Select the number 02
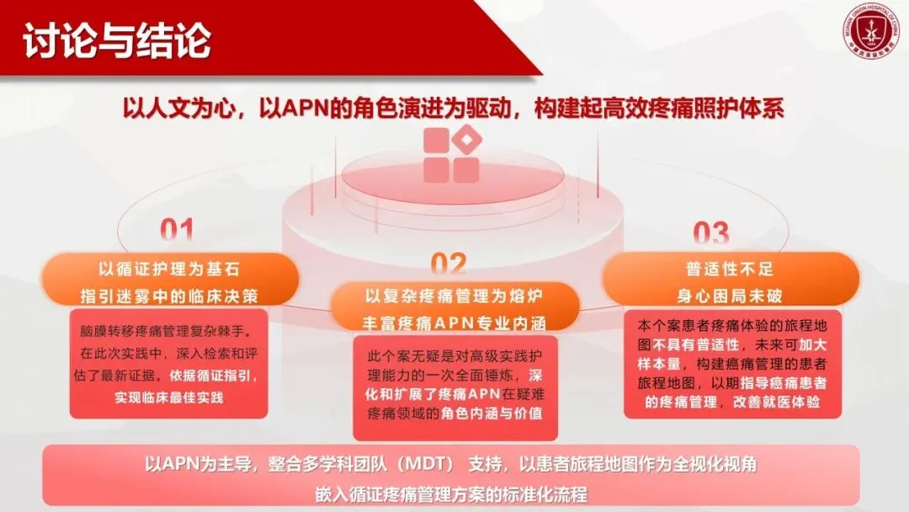point(449,264)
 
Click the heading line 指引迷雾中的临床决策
point(169,296)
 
